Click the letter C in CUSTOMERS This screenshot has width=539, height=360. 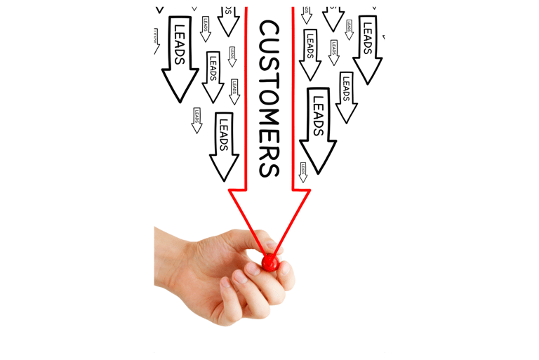tap(269, 29)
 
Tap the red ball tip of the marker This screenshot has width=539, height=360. tap(269, 262)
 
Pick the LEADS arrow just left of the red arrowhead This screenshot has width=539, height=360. tap(224, 144)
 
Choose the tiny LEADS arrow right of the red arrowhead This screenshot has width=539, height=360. tap(302, 172)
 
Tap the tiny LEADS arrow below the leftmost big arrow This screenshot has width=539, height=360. tap(197, 120)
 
